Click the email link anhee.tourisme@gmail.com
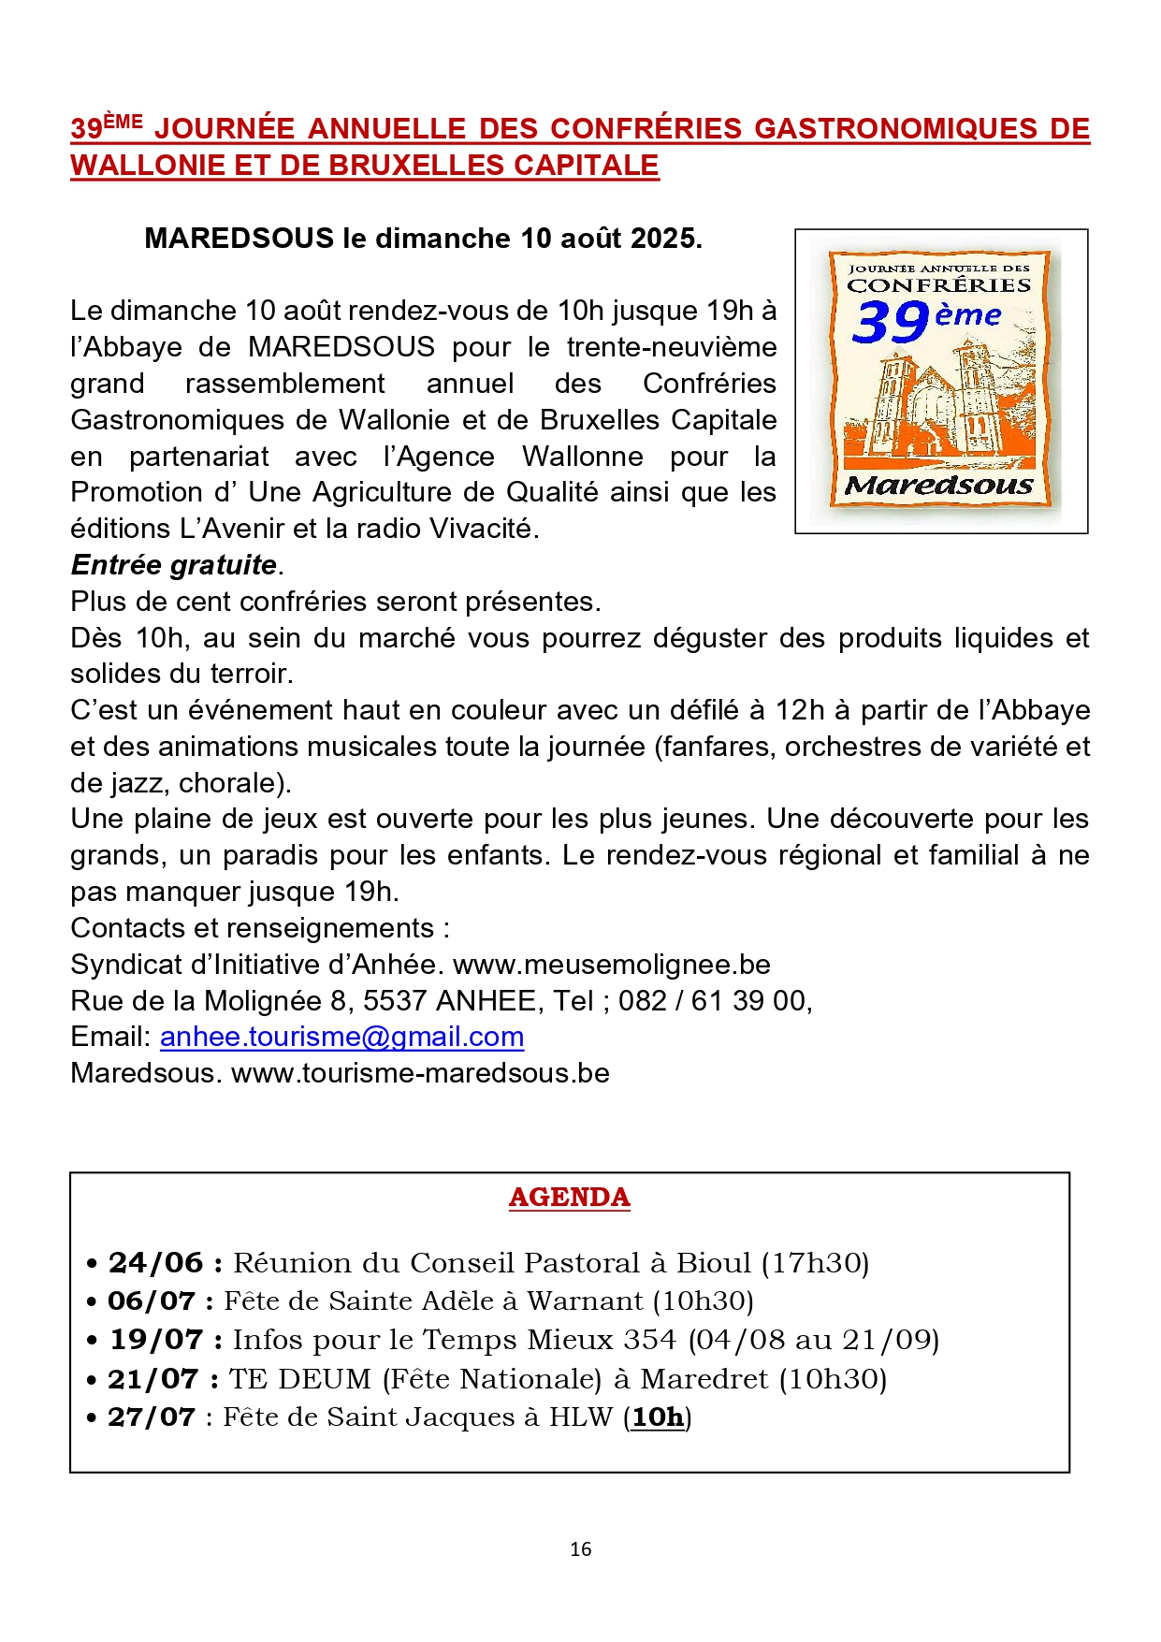coord(341,1037)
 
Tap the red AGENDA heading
coord(569,1198)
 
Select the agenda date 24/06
coord(155,1263)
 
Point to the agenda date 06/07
coord(151,1301)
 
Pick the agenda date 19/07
coord(155,1340)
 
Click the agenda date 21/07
coord(152,1379)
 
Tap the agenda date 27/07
coord(151,1417)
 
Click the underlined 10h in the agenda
coord(658,1417)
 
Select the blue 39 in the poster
coord(890,322)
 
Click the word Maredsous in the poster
coord(939,486)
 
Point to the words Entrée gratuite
coord(174,565)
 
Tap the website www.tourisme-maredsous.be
coord(420,1073)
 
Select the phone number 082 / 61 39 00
coord(713,1001)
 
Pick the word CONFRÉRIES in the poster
coord(938,285)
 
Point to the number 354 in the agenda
coord(649,1340)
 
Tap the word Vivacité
coord(483,529)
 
